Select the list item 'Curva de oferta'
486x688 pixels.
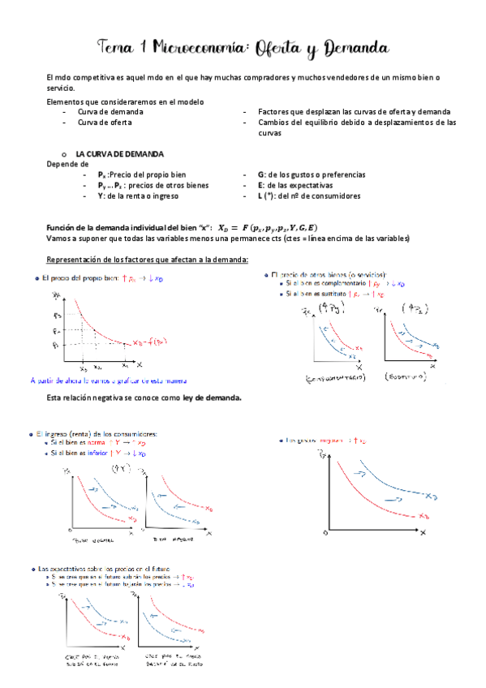pyautogui.click(x=105, y=123)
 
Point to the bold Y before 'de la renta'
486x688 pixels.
pyautogui.click(x=101, y=196)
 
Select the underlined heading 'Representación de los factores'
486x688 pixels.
pyautogui.click(x=148, y=259)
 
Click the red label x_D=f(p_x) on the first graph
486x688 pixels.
pyautogui.click(x=152, y=342)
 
